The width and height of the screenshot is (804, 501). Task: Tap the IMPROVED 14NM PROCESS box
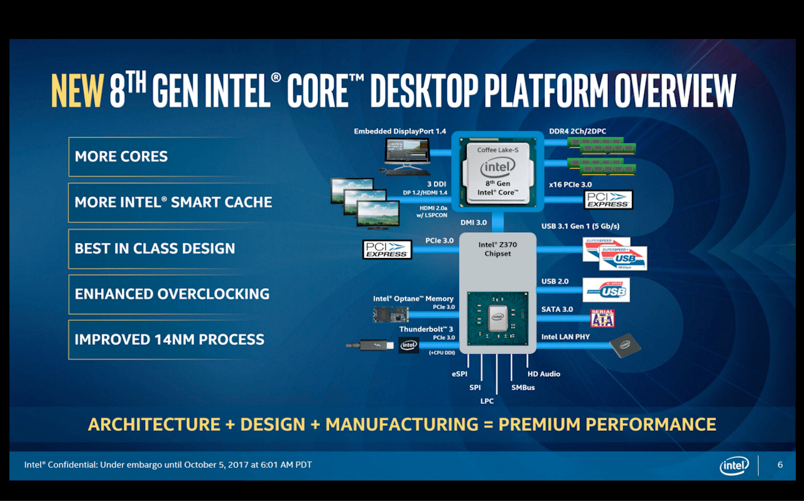(169, 340)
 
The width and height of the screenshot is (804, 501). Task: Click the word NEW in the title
(77, 91)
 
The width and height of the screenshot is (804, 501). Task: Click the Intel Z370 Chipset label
(497, 249)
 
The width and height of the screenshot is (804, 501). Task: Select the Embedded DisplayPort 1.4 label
(399, 131)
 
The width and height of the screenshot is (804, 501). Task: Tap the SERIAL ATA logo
(602, 318)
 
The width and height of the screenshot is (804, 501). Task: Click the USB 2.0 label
(555, 281)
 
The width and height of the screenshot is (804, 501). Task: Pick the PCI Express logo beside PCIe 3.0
(387, 249)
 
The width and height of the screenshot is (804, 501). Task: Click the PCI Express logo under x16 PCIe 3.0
(607, 200)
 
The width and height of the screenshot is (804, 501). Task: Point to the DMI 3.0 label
(474, 223)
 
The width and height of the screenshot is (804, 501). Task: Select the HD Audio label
(543, 374)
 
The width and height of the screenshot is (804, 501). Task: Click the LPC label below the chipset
(487, 401)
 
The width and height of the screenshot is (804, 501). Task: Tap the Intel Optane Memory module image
(391, 315)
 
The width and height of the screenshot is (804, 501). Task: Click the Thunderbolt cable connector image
(370, 345)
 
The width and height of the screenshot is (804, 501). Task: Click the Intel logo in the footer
(734, 466)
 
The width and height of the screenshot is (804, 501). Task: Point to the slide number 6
(780, 465)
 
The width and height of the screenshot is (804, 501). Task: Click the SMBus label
(523, 388)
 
